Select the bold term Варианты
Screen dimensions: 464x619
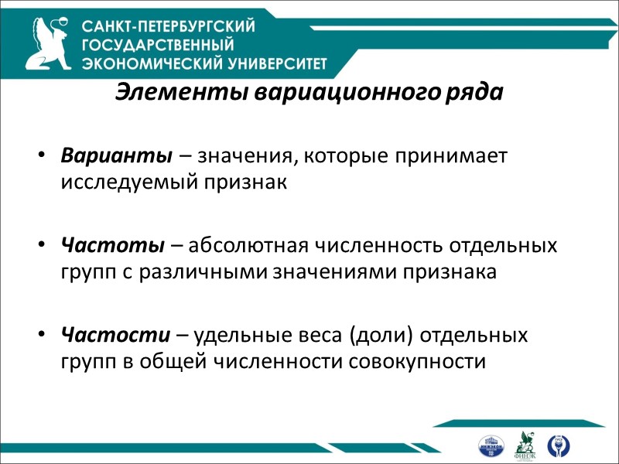(x=116, y=155)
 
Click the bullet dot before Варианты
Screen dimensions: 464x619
(x=41, y=155)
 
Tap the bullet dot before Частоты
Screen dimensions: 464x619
(x=41, y=246)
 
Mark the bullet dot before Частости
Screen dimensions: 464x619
(x=41, y=336)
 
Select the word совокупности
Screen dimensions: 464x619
(x=417, y=361)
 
